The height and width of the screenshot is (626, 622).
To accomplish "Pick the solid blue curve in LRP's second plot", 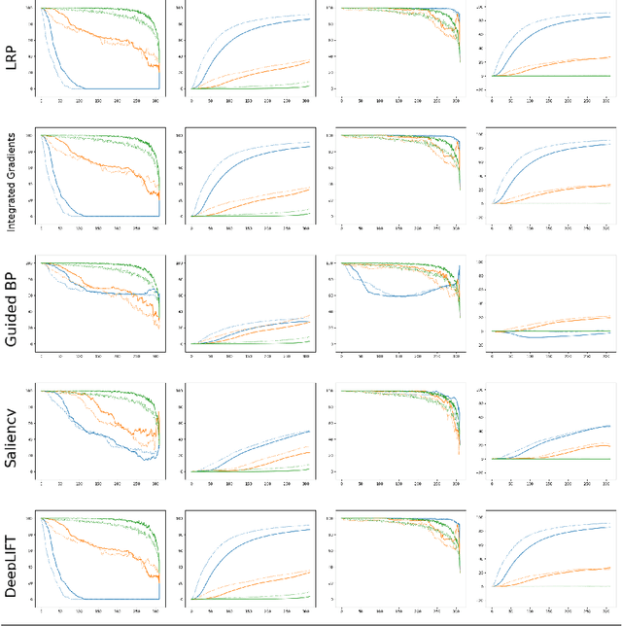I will (x=243, y=34).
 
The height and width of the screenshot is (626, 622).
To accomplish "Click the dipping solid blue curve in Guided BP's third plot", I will (x=389, y=296).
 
